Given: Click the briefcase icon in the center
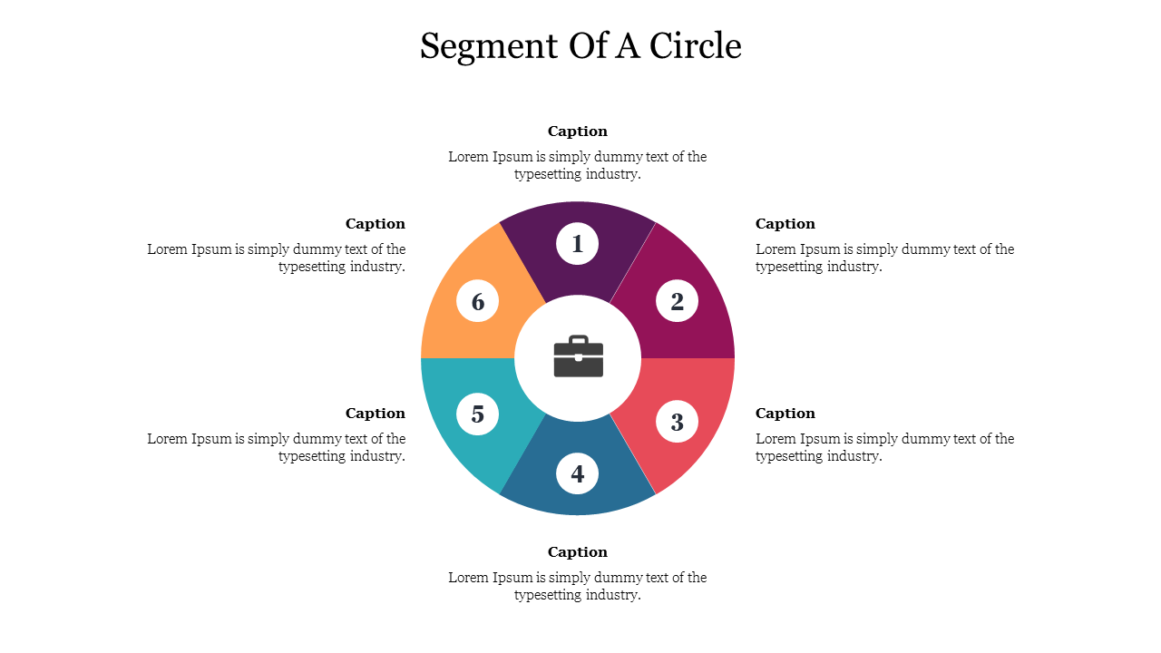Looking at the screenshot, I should click(578, 357).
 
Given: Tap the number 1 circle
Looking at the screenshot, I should click(578, 243).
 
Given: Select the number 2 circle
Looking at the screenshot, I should click(677, 301).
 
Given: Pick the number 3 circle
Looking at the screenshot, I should click(677, 422).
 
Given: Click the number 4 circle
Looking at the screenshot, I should click(578, 473).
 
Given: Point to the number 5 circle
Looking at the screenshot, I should click(478, 414).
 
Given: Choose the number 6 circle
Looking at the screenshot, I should click(478, 301).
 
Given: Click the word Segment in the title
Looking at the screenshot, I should click(489, 46).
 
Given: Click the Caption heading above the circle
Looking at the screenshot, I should click(578, 132).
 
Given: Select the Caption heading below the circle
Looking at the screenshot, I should click(578, 552).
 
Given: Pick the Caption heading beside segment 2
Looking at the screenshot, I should click(785, 224).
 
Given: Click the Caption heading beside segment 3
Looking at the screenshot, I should click(785, 414).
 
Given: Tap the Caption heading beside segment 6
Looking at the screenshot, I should click(376, 224).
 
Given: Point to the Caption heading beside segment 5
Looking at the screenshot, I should click(376, 414).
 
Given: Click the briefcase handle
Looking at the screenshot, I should click(578, 340).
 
